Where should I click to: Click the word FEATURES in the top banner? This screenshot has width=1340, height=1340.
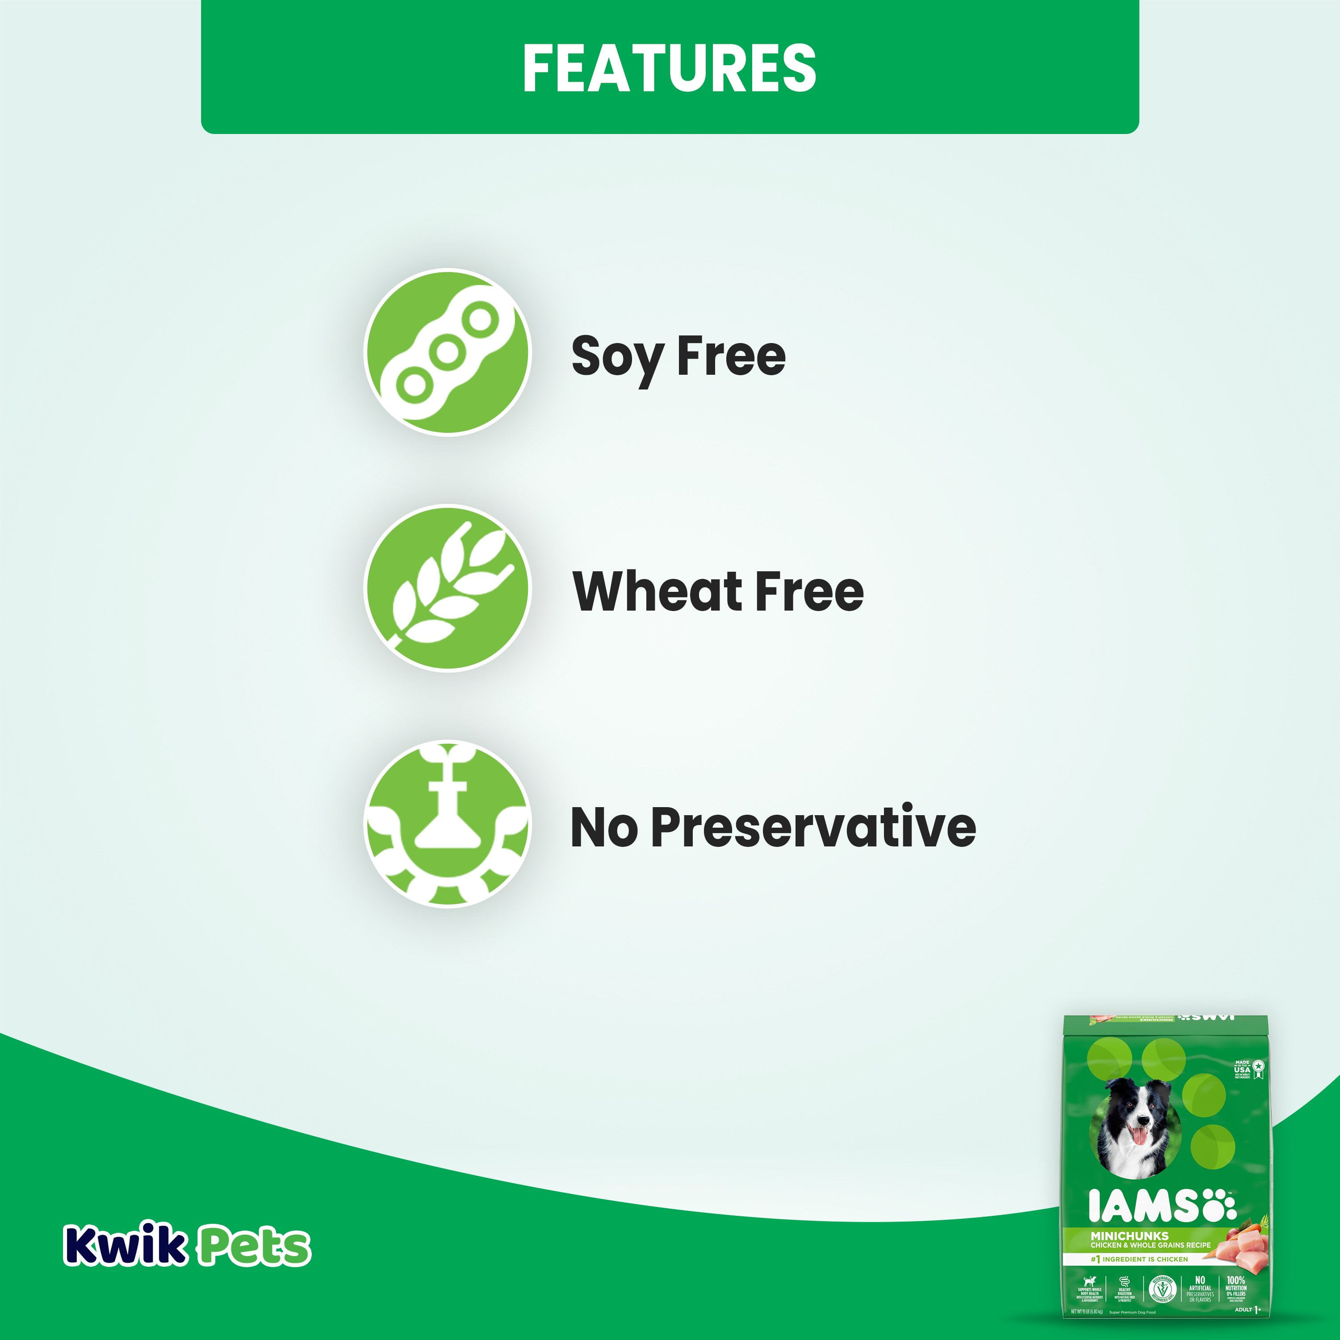(669, 67)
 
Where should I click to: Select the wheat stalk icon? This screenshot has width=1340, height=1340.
(448, 588)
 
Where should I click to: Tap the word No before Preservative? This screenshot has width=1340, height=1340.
(603, 827)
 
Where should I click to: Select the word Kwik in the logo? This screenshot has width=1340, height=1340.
(125, 1246)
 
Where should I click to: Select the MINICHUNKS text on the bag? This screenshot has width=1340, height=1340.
(1129, 1235)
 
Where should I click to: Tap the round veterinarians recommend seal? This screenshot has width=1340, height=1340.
(1162, 1290)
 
